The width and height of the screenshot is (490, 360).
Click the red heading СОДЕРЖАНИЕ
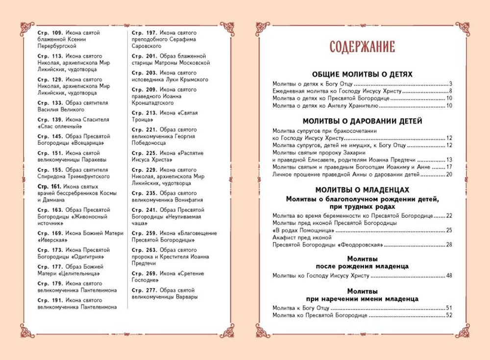[362, 47]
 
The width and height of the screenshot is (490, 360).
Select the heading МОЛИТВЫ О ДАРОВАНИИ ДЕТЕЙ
[362, 121]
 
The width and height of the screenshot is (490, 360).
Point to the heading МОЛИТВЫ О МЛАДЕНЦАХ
[362, 189]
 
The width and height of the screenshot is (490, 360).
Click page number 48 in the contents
[448, 276]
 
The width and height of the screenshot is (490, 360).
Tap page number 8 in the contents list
[450, 92]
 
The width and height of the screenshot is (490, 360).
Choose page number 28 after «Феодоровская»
[448, 244]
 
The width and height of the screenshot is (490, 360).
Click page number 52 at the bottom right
[448, 315]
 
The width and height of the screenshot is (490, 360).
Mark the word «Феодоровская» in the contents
[361, 244]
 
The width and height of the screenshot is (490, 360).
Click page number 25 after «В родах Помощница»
[448, 230]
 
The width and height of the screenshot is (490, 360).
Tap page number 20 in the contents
[448, 174]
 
